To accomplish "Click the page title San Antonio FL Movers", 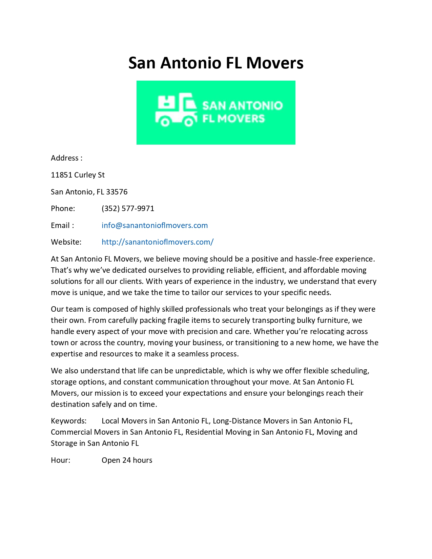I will tap(216, 63).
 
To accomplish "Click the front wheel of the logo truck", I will tap(189, 121).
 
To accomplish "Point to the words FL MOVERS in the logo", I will tap(233, 119).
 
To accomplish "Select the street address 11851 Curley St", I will tap(78, 175).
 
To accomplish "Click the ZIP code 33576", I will tap(117, 192).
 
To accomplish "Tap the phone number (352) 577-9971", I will tap(128, 208).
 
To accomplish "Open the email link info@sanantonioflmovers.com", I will tap(155, 225).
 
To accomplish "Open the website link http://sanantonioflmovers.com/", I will tap(158, 242).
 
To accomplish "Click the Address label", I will tap(65, 158).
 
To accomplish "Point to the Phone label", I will tap(63, 208).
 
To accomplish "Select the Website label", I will tap(66, 242).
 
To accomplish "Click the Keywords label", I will tap(68, 421).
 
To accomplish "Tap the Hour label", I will tap(60, 460).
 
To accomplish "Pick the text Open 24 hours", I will tap(127, 460).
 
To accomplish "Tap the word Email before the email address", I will tap(60, 225).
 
